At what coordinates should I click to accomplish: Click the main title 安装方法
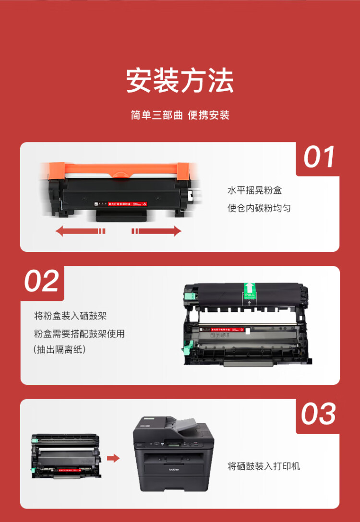pos(180,81)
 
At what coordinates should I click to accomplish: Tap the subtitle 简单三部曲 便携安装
pos(180,116)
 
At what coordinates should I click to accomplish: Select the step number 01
pos(319,157)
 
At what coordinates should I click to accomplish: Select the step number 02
pos(42,281)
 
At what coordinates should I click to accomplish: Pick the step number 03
pos(319,414)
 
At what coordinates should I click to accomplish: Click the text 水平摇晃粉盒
pos(254,190)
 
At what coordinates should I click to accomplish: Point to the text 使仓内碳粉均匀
pos(259,208)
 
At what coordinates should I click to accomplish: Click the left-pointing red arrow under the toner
pos(80,231)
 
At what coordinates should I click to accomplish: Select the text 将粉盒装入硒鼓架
pos(71,316)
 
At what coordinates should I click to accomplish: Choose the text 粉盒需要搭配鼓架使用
pos(79,333)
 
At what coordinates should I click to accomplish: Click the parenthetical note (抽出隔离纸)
pos(60,350)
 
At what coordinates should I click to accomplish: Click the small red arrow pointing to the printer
pos(113,458)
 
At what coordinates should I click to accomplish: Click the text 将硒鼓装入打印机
pos(264,466)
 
